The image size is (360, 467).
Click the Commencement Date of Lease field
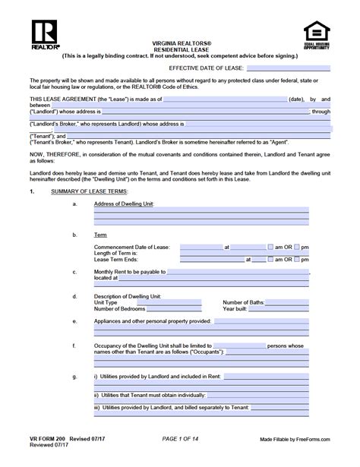201,247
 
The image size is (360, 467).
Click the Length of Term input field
201,253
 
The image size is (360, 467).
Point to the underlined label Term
99,235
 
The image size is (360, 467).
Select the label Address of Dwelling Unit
124,204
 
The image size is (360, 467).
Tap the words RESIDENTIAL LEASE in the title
180,49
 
